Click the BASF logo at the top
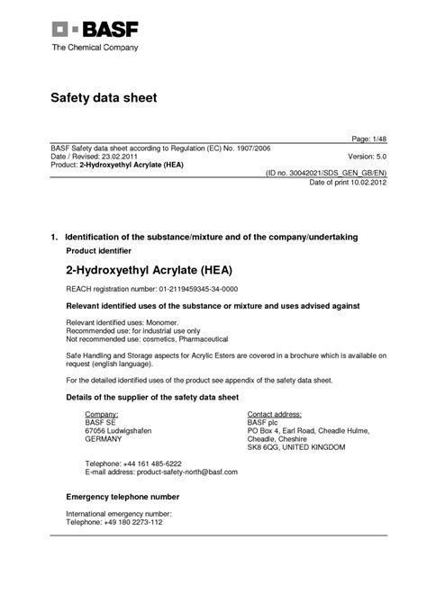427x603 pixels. tap(95, 31)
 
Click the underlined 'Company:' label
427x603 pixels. tap(102, 413)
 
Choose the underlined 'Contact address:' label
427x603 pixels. tap(277, 413)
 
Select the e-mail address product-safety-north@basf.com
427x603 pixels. tap(174, 472)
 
